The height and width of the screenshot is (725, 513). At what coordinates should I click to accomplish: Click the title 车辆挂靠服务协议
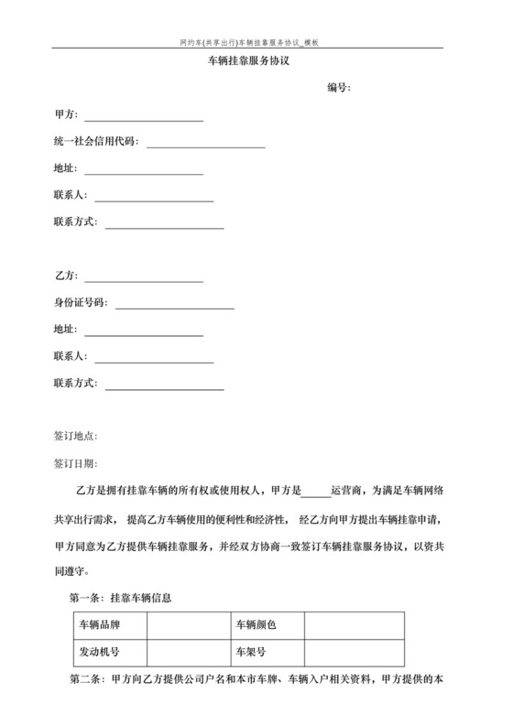(256, 61)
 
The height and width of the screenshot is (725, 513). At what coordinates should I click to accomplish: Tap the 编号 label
(340, 88)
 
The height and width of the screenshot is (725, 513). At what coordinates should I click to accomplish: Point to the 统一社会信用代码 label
(96, 142)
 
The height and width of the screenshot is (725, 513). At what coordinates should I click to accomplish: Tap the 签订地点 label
(76, 437)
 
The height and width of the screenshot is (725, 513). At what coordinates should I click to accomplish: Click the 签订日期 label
(76, 465)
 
